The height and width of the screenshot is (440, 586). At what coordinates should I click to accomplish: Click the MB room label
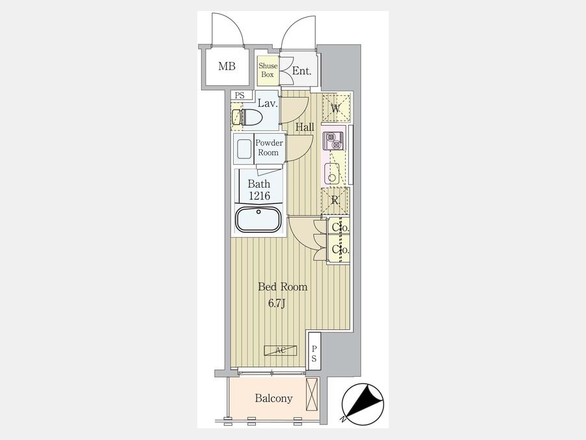(x=227, y=66)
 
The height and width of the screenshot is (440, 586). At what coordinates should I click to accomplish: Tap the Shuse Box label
(x=268, y=70)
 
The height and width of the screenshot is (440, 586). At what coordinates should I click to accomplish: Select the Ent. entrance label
(x=301, y=70)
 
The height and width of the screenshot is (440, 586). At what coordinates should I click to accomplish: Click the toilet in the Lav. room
(x=247, y=117)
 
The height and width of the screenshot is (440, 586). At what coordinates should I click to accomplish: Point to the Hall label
(x=305, y=127)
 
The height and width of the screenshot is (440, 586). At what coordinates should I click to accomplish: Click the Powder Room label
(x=269, y=148)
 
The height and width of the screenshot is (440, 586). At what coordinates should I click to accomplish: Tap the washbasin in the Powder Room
(x=244, y=149)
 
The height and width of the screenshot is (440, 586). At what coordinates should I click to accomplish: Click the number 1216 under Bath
(x=260, y=196)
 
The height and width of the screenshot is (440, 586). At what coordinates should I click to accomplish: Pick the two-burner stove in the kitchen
(x=333, y=141)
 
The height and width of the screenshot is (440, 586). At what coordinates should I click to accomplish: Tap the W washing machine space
(x=336, y=108)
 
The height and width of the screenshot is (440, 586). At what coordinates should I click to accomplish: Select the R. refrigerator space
(x=335, y=201)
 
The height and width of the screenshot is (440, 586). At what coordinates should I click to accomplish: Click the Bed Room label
(x=283, y=287)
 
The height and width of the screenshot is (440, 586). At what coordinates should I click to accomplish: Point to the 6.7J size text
(x=277, y=304)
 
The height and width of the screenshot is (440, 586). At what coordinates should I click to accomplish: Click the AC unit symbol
(x=280, y=350)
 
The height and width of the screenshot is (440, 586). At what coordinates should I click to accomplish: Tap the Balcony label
(x=273, y=398)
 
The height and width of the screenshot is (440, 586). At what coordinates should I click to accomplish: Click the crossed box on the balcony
(x=312, y=394)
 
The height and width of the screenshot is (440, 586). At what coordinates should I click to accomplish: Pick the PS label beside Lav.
(x=240, y=96)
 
